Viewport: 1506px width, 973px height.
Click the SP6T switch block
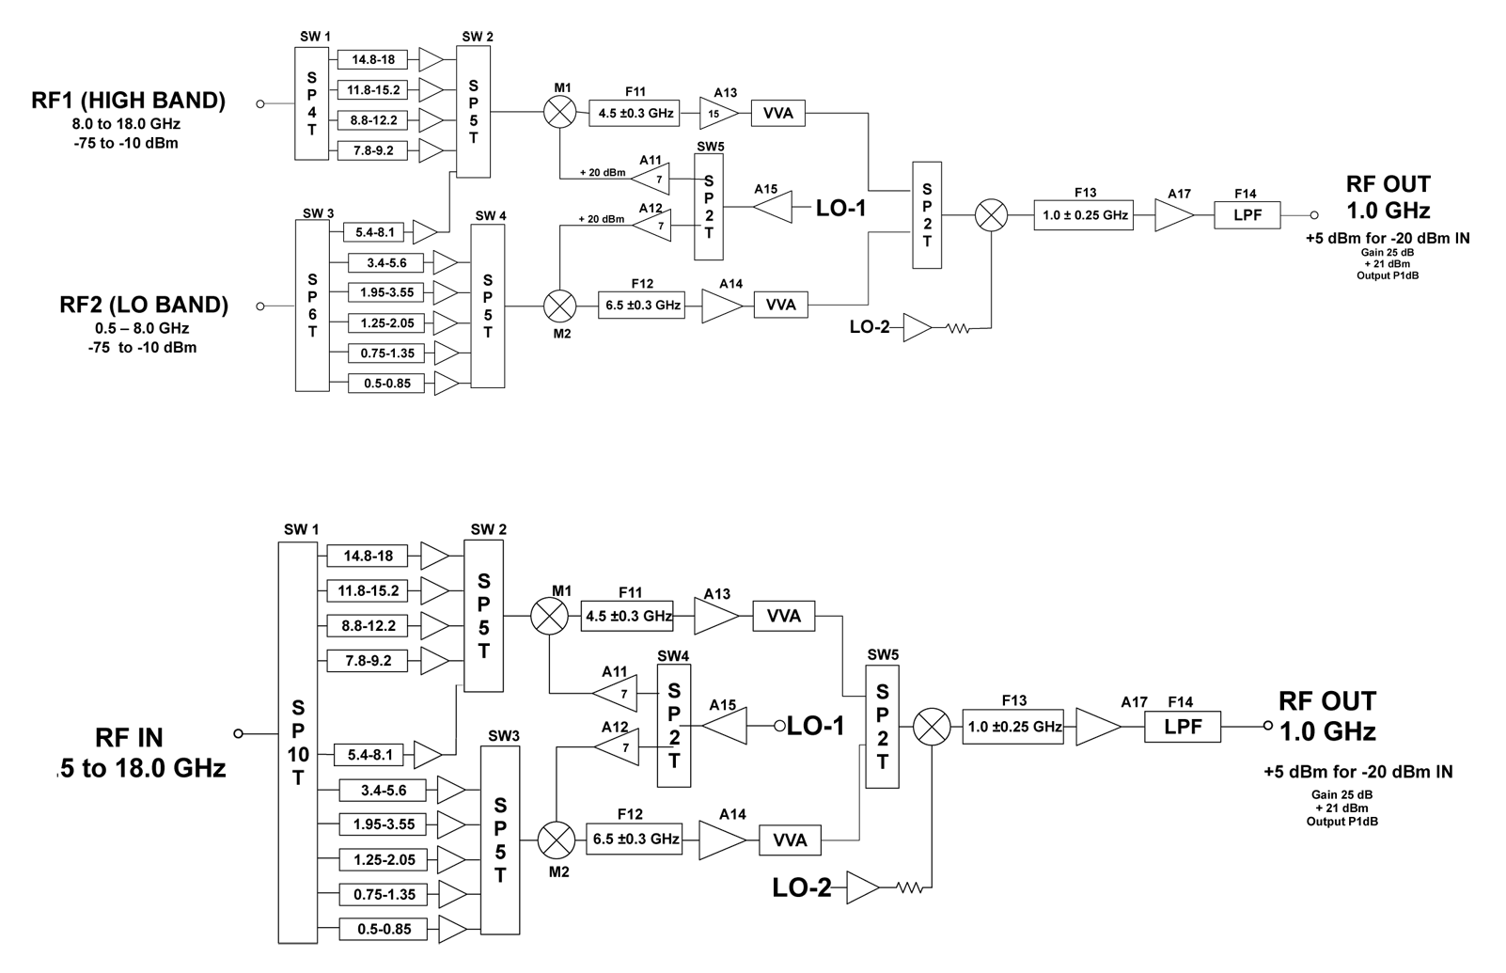pyautogui.click(x=312, y=306)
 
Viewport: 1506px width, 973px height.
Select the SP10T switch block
pyautogui.click(x=298, y=743)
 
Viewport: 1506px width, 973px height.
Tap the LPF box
pyautogui.click(x=1247, y=215)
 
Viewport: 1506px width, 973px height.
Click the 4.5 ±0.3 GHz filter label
pyautogui.click(x=635, y=114)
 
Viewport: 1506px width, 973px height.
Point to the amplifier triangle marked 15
pyautogui.click(x=715, y=114)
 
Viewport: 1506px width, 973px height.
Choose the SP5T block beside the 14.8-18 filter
pyautogui.click(x=473, y=111)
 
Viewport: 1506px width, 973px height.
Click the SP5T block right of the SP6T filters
pyautogui.click(x=487, y=306)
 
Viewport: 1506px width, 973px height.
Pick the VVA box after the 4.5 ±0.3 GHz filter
pyautogui.click(x=777, y=114)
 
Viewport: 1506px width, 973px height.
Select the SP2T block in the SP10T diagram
pyautogui.click(x=882, y=727)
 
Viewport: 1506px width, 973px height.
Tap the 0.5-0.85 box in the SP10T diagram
pyautogui.click(x=384, y=929)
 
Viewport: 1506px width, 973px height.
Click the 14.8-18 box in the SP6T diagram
pyautogui.click(x=373, y=60)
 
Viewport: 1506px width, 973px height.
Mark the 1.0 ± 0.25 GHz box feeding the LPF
pyautogui.click(x=1085, y=215)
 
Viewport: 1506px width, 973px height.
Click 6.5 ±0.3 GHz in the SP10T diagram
pyautogui.click(x=635, y=839)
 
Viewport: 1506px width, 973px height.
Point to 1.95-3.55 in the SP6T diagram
pyautogui.click(x=387, y=292)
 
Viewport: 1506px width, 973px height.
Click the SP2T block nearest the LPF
pyautogui.click(x=927, y=215)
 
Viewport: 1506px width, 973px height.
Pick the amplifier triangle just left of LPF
pyautogui.click(x=1173, y=215)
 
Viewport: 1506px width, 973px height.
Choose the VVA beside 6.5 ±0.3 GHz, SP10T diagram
pyautogui.click(x=790, y=840)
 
